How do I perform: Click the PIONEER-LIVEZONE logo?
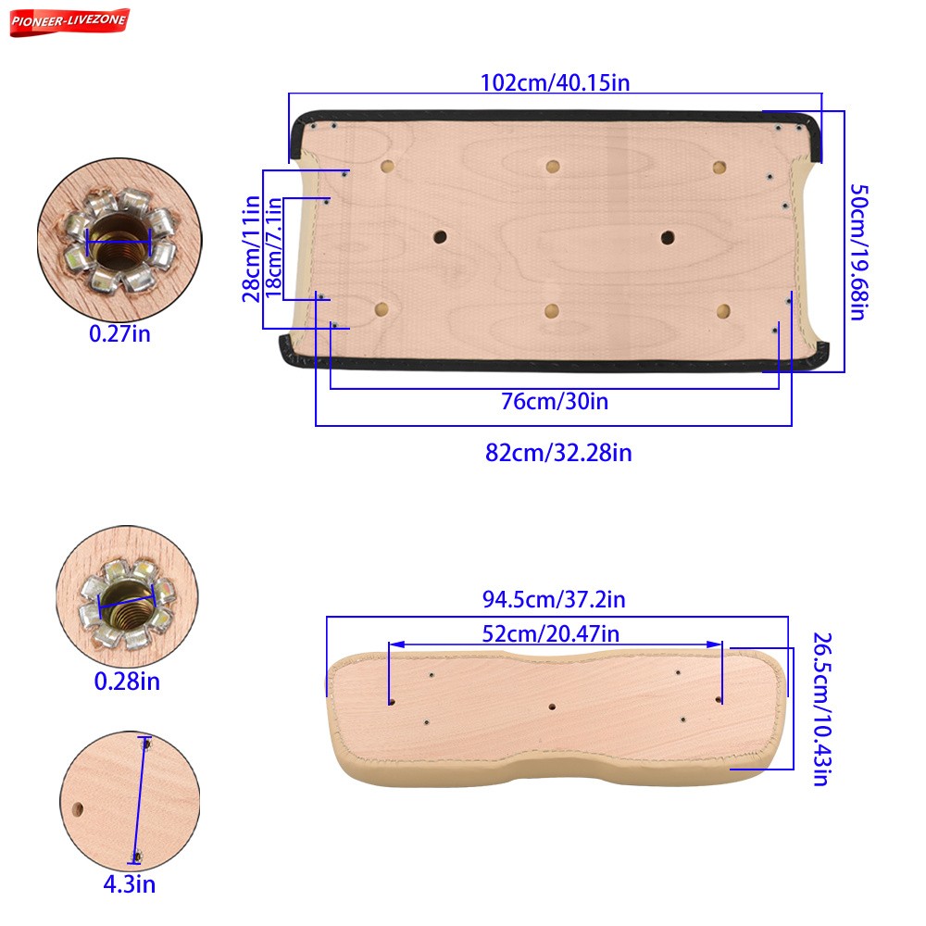point(69,22)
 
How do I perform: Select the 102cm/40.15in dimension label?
point(555,82)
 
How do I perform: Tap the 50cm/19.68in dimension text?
point(858,252)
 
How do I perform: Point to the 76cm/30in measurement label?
point(555,402)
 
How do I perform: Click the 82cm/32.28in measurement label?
point(558,453)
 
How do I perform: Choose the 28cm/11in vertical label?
point(251,248)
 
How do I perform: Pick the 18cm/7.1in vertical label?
point(273,247)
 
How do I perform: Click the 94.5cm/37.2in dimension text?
point(554,599)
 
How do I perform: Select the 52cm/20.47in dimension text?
point(550,633)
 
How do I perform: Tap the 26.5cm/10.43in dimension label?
point(822,709)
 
